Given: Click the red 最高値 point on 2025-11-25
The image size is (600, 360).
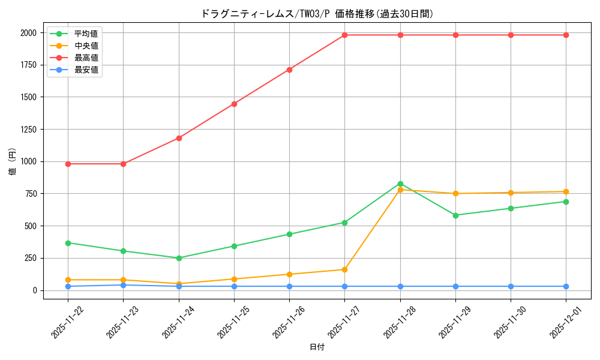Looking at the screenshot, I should click(234, 104).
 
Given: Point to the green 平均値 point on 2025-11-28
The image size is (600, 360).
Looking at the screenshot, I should click(400, 184).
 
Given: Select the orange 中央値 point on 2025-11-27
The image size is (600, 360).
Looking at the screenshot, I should click(344, 269).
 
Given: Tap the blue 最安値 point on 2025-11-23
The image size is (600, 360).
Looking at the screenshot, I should click(123, 285).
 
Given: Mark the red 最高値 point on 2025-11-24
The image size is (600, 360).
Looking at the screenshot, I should click(179, 138).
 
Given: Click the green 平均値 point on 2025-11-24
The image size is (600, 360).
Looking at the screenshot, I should click(179, 258).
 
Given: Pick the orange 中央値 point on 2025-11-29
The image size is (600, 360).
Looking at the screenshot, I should click(455, 193).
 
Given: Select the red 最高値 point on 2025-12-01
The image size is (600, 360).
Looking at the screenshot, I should click(566, 35).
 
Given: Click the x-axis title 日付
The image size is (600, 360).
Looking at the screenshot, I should click(317, 347).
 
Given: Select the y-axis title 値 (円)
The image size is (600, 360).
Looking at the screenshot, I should click(13, 162).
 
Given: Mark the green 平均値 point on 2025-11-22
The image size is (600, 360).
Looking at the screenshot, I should click(68, 243).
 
